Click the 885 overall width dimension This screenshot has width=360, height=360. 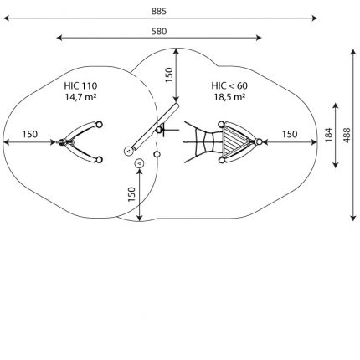tap(159, 11)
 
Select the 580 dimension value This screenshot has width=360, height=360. tap(159, 32)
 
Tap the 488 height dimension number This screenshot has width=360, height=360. tap(347, 136)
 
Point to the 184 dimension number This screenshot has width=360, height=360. tap(329, 135)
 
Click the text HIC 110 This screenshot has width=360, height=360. tap(80, 85)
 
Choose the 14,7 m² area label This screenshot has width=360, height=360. tap(81, 97)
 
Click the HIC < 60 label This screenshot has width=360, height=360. tap(229, 85)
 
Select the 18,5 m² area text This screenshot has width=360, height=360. tap(229, 97)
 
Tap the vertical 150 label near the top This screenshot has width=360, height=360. tap(169, 75)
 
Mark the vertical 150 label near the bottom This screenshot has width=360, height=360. tap(131, 194)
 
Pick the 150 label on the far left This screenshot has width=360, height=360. tap(30, 134)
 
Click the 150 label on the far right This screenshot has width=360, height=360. tap(290, 134)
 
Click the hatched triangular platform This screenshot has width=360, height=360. tap(234, 141)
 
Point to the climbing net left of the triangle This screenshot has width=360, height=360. tap(203, 141)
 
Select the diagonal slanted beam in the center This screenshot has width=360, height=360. tap(156, 126)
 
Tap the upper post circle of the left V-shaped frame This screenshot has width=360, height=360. tap(99, 125)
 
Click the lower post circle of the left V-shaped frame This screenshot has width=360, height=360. tap(99, 160)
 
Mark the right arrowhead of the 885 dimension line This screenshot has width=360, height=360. tap(315, 18)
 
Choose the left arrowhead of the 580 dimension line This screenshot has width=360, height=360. tap(59, 38)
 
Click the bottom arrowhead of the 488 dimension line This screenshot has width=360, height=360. tap(353, 218)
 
